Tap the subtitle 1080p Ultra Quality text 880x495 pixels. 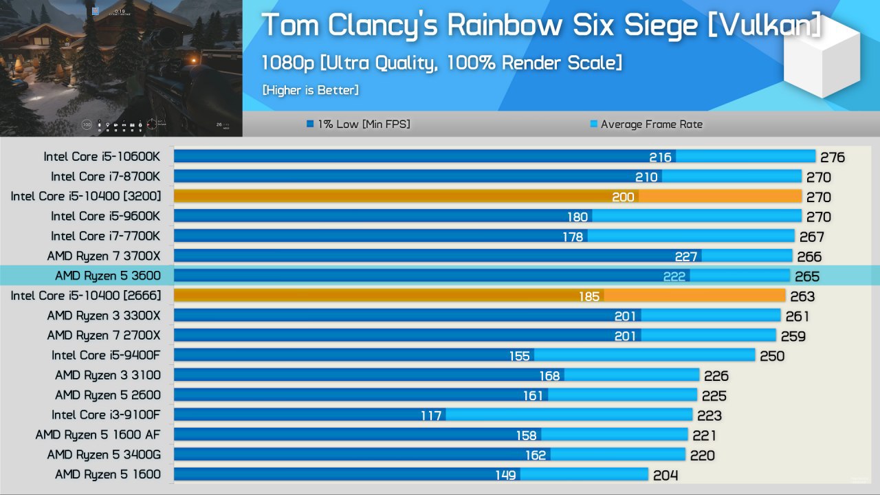(x=441, y=63)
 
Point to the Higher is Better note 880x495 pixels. (x=310, y=90)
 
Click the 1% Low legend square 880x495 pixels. (x=311, y=124)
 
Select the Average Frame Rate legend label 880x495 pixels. (x=651, y=124)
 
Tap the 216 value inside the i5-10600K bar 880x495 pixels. (x=660, y=157)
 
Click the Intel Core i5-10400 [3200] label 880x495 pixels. (x=86, y=197)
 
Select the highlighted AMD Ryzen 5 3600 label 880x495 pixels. (x=107, y=276)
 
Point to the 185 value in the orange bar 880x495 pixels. (x=589, y=296)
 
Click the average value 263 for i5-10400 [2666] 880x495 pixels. (x=802, y=296)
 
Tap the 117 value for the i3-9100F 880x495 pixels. (x=431, y=415)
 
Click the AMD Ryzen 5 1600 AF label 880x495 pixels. (x=98, y=434)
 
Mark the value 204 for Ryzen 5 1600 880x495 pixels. (x=665, y=475)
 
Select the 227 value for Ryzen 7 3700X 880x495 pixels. (x=686, y=256)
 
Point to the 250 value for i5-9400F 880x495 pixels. (x=772, y=355)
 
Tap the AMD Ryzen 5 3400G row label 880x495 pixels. (x=104, y=454)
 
